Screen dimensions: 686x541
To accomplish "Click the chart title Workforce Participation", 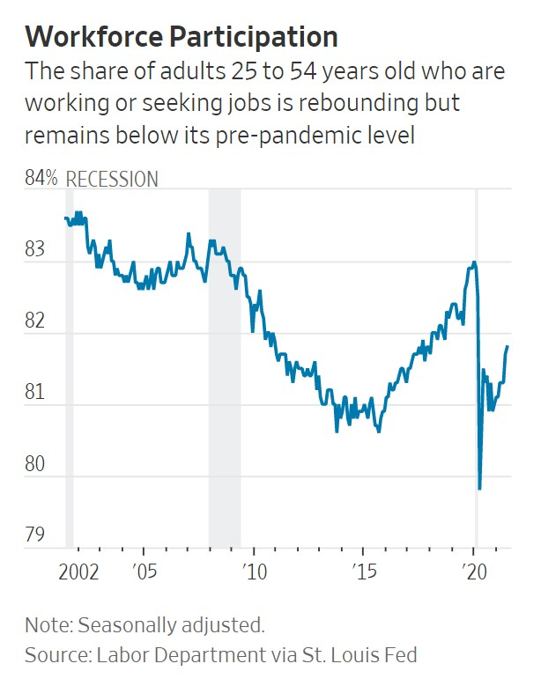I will pos(182,36).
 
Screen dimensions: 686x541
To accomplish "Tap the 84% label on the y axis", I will pos(41,179).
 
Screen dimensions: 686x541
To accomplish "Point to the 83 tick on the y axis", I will pos(36,250).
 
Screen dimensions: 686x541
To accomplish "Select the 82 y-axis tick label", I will pos(36,321).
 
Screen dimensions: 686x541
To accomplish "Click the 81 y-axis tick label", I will pos(36,393).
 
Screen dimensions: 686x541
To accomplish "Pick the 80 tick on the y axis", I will pos(36,464).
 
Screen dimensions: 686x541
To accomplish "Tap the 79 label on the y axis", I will pos(36,535).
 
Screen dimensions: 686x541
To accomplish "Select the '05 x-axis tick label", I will pos(144,570).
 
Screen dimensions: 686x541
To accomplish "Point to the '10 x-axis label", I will pos(254,570).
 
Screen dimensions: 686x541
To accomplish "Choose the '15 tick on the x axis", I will pos(364,570).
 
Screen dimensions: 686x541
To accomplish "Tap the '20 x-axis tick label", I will pos(474,570).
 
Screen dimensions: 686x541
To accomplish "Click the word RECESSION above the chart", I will pos(112,180).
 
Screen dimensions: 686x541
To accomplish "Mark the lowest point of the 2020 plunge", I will pos(479,488).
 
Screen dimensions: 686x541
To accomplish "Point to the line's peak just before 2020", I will pos(474,262).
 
